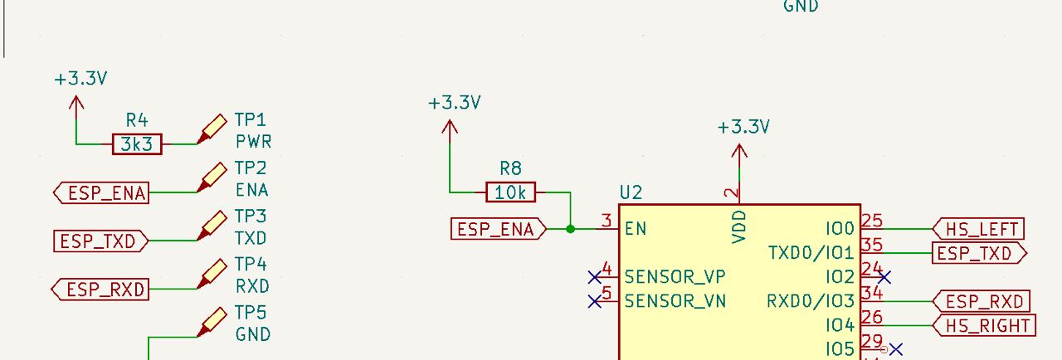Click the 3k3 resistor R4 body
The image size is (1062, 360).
point(137,144)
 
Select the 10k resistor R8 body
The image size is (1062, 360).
point(510,192)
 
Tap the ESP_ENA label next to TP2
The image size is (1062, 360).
point(102,193)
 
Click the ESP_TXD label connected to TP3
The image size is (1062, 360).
point(100,241)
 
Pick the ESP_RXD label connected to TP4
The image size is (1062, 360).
point(101,289)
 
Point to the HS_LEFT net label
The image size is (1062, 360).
point(978,229)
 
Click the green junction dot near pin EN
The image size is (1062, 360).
point(570,228)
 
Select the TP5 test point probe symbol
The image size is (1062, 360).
point(212,321)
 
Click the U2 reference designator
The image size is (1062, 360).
point(631,193)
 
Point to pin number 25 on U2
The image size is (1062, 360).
point(871,221)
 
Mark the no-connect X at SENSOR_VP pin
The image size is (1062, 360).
point(595,276)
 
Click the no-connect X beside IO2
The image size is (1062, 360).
point(884,276)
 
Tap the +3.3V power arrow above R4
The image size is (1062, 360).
point(76,103)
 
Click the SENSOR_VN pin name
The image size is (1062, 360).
point(675,300)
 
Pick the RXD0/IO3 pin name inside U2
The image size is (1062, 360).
point(810,300)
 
